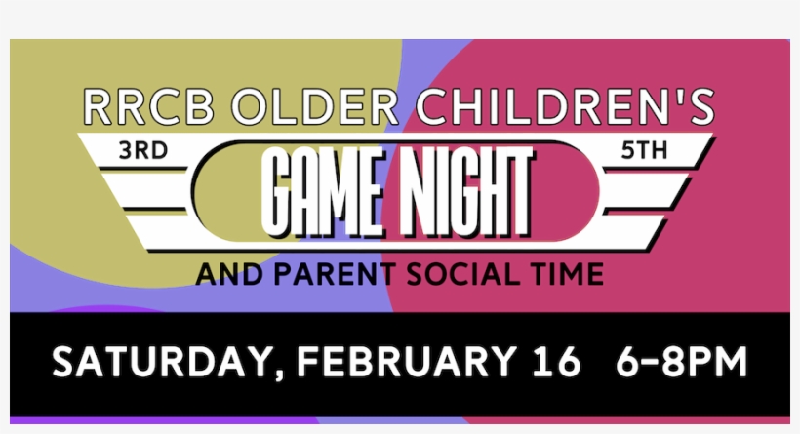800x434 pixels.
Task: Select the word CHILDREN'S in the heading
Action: click(563, 106)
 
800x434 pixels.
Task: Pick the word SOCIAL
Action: click(450, 274)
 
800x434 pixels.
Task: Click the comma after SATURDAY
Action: click(277, 375)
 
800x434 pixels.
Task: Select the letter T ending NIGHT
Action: click(517, 190)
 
